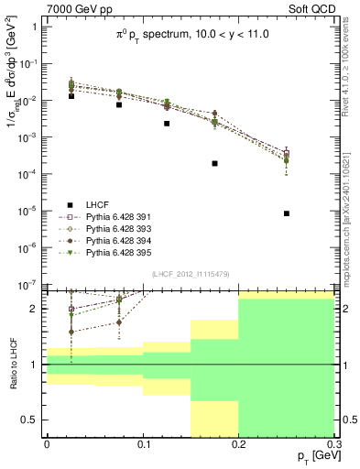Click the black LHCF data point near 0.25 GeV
point(288,213)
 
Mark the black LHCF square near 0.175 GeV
point(214,163)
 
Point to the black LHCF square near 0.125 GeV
point(167,124)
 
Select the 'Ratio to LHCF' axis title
point(12,365)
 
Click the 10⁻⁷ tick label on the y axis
point(28,285)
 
